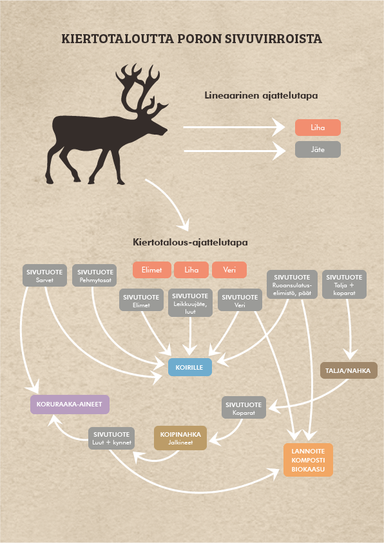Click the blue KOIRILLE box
[190, 367]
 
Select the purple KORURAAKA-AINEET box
[70, 404]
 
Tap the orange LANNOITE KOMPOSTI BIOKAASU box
[308, 460]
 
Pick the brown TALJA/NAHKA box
[349, 370]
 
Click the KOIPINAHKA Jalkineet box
[180, 438]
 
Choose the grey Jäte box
[318, 149]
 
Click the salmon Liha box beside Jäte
[318, 128]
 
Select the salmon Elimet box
[151, 270]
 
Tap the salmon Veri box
[229, 270]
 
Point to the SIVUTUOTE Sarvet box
[44, 276]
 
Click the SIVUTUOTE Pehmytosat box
[95, 276]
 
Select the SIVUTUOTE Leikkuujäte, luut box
[190, 303]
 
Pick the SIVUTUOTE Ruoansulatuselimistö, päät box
[292, 285]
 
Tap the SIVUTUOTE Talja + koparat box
[344, 285]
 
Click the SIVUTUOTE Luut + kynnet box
[111, 439]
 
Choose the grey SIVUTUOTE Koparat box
[244, 408]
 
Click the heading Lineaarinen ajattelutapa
[261, 95]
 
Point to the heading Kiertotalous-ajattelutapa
[190, 242]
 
